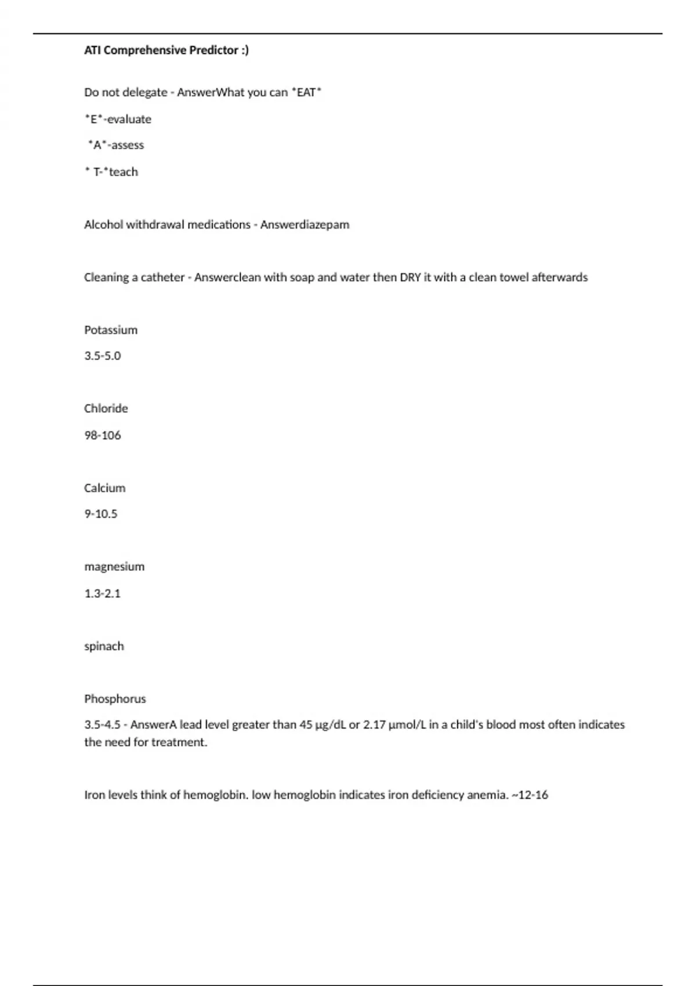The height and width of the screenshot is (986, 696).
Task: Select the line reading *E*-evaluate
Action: tap(118, 119)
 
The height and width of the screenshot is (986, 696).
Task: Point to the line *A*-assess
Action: tap(116, 145)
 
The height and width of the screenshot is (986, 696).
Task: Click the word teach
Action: tap(124, 172)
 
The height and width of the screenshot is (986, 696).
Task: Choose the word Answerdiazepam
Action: tap(304, 224)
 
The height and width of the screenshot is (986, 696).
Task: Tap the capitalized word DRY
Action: tap(410, 277)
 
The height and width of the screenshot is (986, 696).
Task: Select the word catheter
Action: tap(162, 277)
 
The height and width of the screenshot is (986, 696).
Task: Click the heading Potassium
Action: tap(111, 330)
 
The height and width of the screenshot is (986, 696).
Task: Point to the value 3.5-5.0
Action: tap(103, 356)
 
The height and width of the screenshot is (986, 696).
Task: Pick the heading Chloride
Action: tap(106, 408)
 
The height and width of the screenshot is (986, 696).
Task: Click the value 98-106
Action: tap(103, 435)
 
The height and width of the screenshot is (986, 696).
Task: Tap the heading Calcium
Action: tap(104, 488)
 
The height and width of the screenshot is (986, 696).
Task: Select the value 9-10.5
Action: tap(101, 514)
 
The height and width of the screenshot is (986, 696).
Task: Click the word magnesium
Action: tap(114, 567)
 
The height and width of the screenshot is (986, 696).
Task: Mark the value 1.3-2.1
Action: tap(103, 593)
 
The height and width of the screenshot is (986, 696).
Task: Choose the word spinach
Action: tap(104, 646)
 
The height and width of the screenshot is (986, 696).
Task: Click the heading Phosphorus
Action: tap(115, 699)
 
